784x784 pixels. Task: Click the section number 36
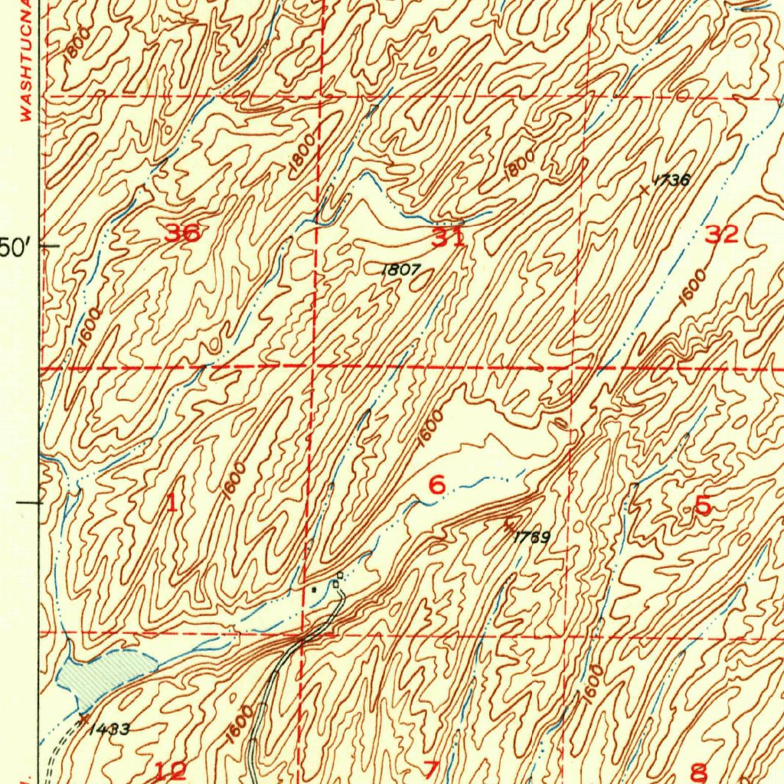click(182, 234)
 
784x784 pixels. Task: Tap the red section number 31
click(448, 238)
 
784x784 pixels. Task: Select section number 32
click(721, 235)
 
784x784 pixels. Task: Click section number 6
click(436, 485)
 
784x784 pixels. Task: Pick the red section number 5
click(702, 505)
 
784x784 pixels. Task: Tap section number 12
click(170, 771)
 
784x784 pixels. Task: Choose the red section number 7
click(431, 769)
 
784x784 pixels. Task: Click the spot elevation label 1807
click(401, 269)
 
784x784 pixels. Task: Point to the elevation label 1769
click(531, 537)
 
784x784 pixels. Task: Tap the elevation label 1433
click(108, 728)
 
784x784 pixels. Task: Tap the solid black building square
click(312, 590)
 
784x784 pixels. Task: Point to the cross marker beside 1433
click(82, 717)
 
